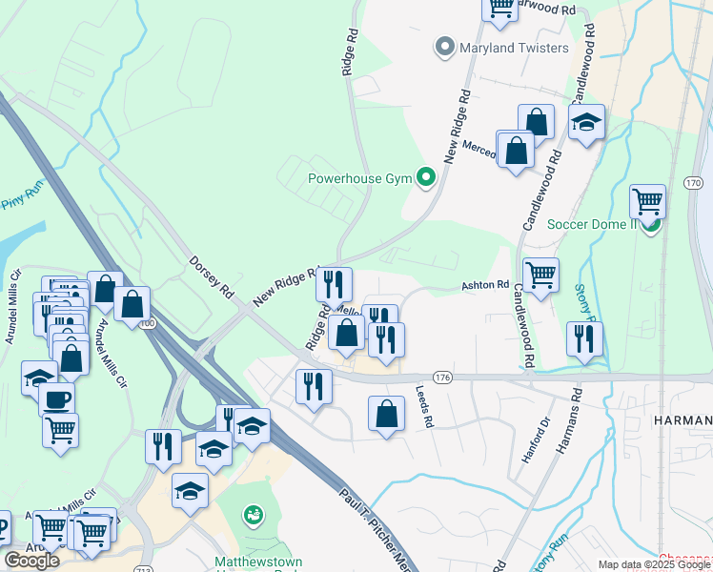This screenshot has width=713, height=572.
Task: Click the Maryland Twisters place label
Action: coord(515,47)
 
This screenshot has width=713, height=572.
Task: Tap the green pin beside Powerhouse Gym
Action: coord(427,177)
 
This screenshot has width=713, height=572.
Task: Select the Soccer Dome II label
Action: coord(591,224)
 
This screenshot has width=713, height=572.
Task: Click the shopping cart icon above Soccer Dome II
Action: coord(647,201)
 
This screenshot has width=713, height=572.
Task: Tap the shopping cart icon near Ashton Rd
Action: coord(540,275)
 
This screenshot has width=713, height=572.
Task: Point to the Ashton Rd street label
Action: coord(486,285)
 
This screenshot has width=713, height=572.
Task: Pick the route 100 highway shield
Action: coord(146,323)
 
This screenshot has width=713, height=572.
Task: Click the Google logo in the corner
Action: coord(31,560)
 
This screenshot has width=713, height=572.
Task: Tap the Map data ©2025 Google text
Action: coord(653,564)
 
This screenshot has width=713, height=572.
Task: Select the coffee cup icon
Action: coord(56,398)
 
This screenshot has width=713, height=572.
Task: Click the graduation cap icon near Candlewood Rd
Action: coord(587,122)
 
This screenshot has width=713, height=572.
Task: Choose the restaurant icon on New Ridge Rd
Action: coord(334,283)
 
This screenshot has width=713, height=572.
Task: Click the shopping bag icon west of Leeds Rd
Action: coord(386,414)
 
